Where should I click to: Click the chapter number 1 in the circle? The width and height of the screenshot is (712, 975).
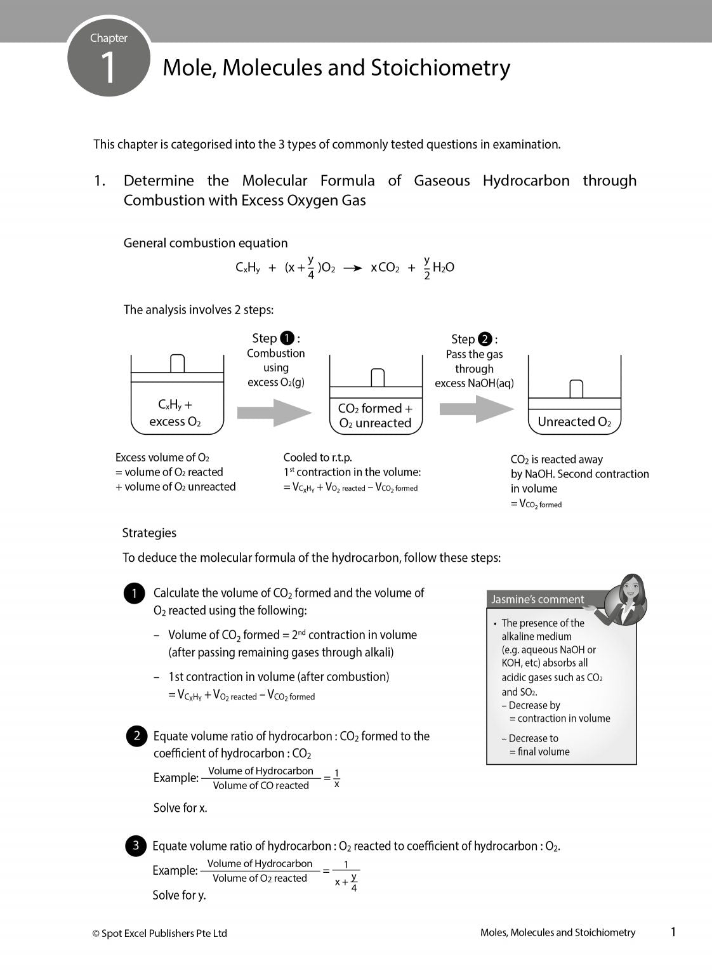[x=109, y=67]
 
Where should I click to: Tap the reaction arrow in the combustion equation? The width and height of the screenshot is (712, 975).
[x=352, y=268]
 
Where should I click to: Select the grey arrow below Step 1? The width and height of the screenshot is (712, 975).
[x=274, y=413]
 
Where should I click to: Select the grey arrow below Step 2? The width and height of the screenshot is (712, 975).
[x=477, y=409]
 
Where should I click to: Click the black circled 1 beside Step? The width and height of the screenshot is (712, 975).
[x=287, y=338]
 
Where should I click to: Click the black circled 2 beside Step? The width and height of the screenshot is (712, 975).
[x=485, y=339]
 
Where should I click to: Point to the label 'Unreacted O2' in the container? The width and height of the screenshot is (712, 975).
[x=574, y=422]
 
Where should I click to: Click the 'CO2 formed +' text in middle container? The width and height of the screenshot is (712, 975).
[x=375, y=408]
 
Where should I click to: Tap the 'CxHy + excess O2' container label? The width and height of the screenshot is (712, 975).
[x=175, y=413]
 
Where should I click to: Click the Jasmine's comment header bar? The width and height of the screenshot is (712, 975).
[x=539, y=599]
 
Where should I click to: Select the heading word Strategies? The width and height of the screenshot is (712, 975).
[x=149, y=533]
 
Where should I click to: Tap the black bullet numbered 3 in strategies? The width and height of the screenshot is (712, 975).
[x=135, y=846]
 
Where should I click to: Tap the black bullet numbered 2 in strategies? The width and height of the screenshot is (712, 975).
[x=136, y=736]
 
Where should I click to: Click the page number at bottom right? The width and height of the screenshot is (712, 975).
[x=673, y=932]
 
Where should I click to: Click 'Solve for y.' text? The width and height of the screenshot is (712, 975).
[x=179, y=895]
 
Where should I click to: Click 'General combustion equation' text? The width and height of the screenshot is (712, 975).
[x=205, y=243]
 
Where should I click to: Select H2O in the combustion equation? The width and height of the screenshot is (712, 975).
[x=443, y=268]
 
